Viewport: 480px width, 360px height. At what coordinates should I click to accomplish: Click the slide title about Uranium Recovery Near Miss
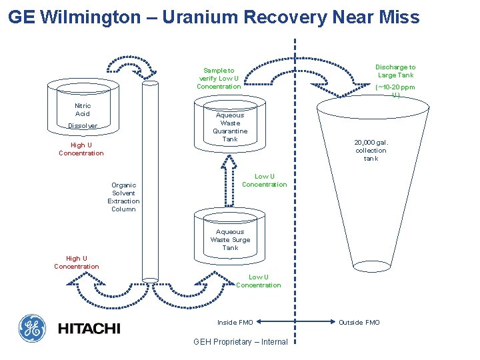click(214, 17)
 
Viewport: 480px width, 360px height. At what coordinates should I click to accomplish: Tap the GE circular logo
click(31, 327)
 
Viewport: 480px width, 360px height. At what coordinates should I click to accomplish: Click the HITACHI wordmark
click(89, 328)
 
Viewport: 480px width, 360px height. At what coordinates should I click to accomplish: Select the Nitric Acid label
click(83, 110)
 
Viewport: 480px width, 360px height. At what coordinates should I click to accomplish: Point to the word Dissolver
click(83, 126)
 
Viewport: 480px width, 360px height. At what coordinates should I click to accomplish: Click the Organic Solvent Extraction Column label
click(123, 197)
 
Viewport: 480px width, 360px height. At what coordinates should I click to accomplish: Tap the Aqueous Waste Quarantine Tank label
click(230, 127)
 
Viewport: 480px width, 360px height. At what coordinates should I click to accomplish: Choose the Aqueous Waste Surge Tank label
click(230, 239)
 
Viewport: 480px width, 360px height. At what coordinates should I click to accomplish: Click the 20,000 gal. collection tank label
click(371, 150)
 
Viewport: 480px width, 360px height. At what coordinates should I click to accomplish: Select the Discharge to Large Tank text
click(395, 71)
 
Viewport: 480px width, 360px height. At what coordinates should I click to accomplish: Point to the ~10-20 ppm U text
click(395, 91)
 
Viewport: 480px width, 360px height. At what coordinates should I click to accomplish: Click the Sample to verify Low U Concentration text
click(219, 78)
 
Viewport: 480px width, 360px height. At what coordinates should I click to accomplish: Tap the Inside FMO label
click(235, 323)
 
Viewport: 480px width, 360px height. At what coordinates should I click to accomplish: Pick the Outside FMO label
click(359, 323)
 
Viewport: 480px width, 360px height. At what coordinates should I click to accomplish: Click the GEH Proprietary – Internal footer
click(240, 342)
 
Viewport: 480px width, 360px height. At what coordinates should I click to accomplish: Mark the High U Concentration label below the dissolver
click(81, 149)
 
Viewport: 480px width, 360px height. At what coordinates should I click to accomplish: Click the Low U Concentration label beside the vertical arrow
click(264, 181)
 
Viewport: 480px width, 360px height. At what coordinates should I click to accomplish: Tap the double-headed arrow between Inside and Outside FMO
click(295, 323)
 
